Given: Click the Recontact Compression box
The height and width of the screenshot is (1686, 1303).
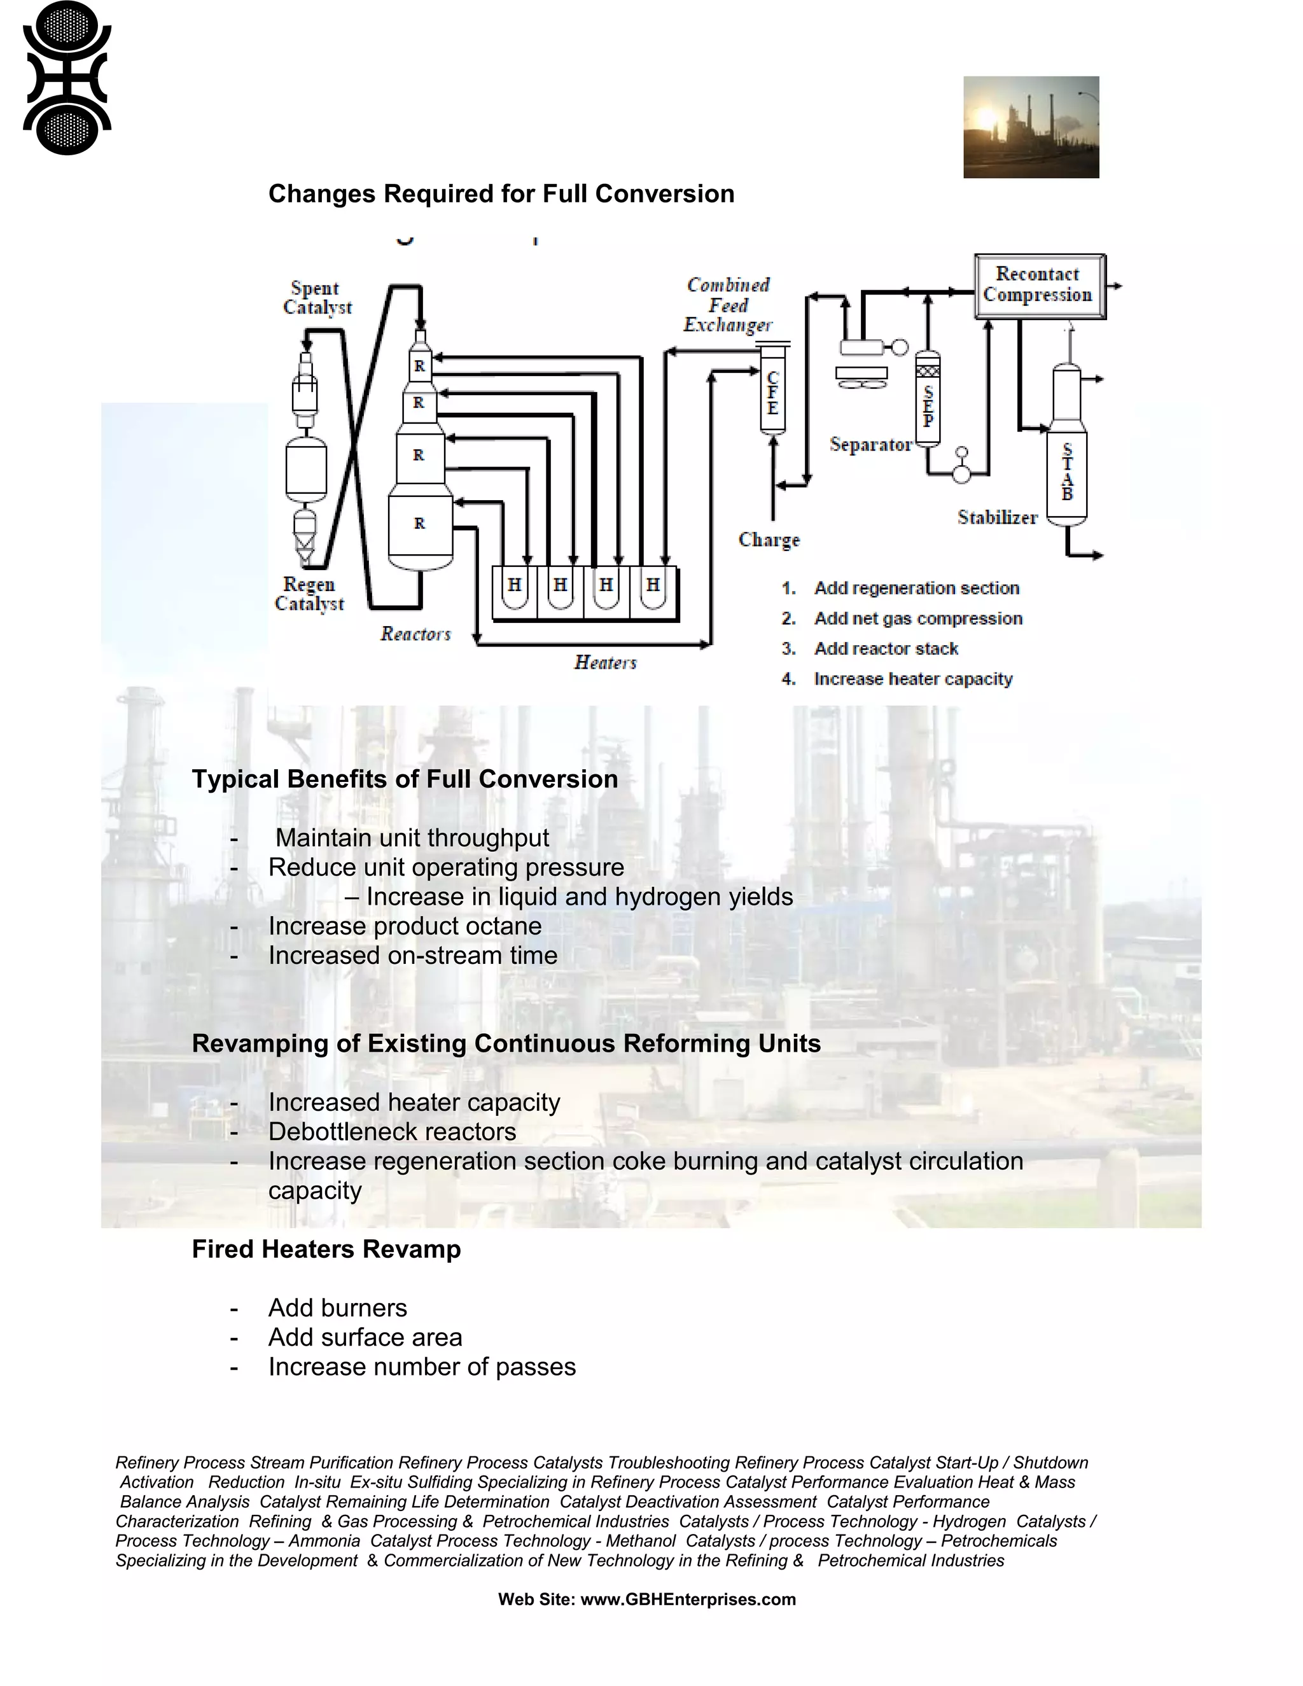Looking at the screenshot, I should (1039, 286).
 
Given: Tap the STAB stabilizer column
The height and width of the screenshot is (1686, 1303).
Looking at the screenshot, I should (1068, 471).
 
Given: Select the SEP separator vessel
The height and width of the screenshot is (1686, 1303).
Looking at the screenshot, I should (928, 401).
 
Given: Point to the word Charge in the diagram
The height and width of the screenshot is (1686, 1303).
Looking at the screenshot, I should (769, 540).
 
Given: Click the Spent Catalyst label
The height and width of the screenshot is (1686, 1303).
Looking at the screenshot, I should (316, 298).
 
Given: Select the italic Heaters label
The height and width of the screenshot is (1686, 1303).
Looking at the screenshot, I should (605, 662).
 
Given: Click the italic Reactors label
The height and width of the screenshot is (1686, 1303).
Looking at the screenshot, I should (415, 634).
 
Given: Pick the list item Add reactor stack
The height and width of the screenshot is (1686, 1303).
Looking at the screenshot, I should (886, 648).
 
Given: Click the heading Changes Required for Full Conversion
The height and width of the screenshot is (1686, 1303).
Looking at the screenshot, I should (501, 194).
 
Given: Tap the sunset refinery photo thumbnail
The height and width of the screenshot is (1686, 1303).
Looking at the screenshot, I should (1031, 127).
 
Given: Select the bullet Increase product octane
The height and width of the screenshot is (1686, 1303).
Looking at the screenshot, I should (405, 926).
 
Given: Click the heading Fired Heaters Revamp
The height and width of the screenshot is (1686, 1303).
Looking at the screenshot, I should (326, 1249).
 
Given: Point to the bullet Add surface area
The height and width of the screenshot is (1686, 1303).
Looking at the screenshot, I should (365, 1337).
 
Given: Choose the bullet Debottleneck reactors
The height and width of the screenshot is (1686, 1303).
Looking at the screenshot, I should (392, 1132).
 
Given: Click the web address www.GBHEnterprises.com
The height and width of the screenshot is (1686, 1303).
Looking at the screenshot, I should (688, 1599).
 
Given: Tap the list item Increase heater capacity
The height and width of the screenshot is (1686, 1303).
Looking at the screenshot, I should (912, 679).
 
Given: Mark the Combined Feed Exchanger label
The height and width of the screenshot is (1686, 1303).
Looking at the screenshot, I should (728, 305).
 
